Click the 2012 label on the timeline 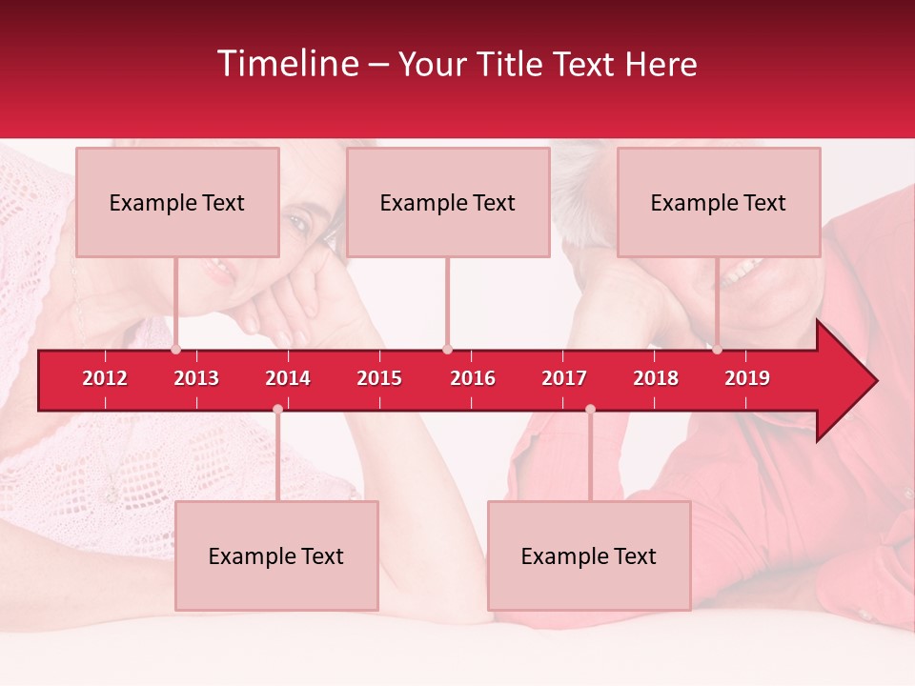tap(105, 378)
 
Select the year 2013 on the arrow tap(196, 378)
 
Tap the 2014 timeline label tap(288, 378)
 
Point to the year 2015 tap(379, 378)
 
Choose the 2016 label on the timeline tap(473, 378)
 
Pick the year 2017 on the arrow tap(564, 378)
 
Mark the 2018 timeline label tap(656, 378)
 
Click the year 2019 tap(747, 378)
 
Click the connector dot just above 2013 tap(176, 349)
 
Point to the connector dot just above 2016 tap(447, 349)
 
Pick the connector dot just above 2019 tap(718, 349)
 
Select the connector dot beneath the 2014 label tap(277, 409)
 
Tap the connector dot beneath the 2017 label tap(590, 409)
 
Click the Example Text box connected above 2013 tap(177, 202)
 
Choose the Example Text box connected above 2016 tap(448, 202)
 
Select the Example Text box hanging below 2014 tap(276, 555)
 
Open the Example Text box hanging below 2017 tap(589, 555)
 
